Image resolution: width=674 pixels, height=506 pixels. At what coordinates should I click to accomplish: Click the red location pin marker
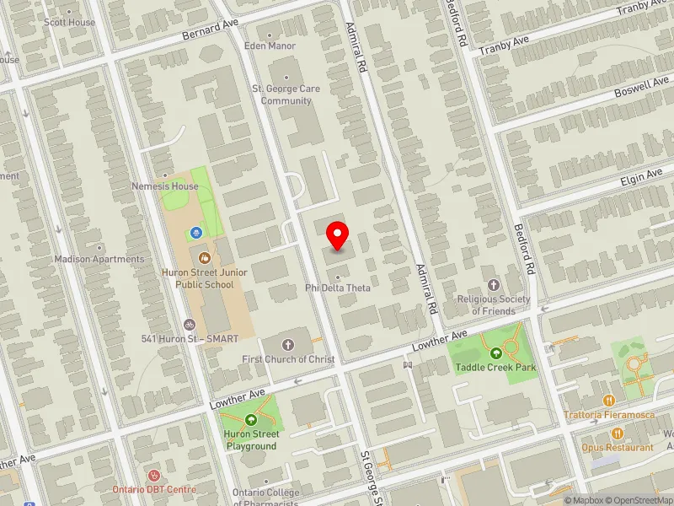(x=338, y=235)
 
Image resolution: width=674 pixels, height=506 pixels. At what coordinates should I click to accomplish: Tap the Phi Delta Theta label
(x=338, y=288)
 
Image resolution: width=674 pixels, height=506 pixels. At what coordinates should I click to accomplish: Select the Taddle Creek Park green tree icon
(x=495, y=353)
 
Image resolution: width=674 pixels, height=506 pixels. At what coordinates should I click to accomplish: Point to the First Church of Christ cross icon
(x=287, y=345)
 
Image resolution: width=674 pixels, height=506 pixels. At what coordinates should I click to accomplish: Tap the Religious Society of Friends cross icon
(x=493, y=285)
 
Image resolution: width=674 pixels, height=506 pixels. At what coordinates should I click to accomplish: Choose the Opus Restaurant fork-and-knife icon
(x=618, y=433)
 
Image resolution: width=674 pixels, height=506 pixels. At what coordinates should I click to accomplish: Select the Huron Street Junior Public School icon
(x=203, y=257)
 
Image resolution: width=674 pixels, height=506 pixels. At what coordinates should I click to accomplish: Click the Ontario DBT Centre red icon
(x=153, y=476)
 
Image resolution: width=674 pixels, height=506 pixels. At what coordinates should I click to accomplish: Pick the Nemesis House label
(x=164, y=186)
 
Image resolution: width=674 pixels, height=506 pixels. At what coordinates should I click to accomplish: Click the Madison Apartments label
(x=99, y=259)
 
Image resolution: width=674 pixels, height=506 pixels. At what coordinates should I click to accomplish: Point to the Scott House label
(x=69, y=22)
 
